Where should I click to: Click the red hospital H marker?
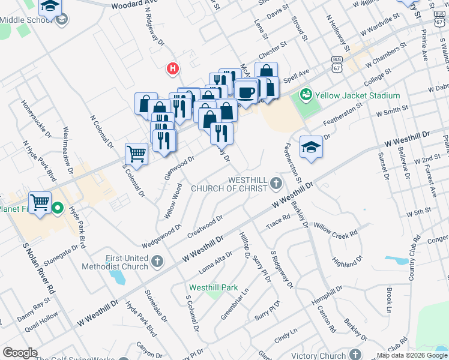pyautogui.click(x=173, y=69)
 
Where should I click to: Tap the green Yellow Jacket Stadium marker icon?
pyautogui.click(x=306, y=95)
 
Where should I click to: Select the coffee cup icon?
pyautogui.click(x=246, y=92)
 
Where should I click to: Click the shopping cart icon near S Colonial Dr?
pyautogui.click(x=136, y=154)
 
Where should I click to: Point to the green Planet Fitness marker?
pyautogui.click(x=57, y=209)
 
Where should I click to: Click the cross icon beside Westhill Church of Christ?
pyautogui.click(x=276, y=183)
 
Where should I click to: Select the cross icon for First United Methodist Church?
pyautogui.click(x=157, y=261)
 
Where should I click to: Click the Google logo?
pyautogui.click(x=20, y=353)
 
